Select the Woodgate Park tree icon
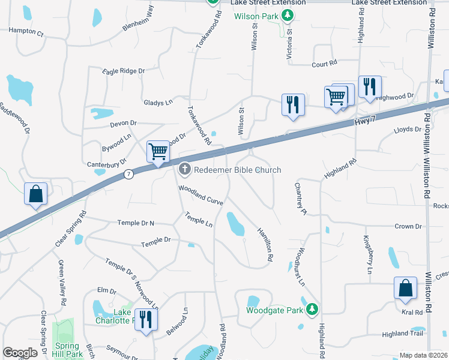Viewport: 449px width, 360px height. tap(312, 310)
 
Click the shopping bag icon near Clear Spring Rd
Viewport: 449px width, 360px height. tap(35, 194)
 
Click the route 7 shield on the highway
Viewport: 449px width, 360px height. tap(128, 174)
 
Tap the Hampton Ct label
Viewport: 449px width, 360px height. tap(26, 31)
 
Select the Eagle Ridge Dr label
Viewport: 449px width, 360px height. tap(124, 71)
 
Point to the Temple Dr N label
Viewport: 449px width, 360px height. tap(136, 223)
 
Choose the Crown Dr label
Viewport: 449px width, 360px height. tap(408, 226)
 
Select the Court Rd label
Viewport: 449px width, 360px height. tap(324, 63)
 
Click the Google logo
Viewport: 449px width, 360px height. tap(20, 353)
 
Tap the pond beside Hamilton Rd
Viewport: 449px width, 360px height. tap(234, 224)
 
